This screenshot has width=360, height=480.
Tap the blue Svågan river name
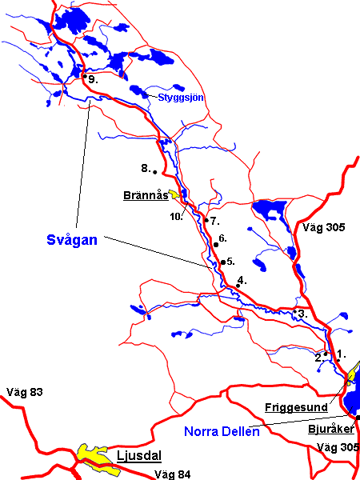tap(64, 239)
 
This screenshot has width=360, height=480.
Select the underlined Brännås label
tap(145, 194)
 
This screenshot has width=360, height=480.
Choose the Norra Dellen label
tap(222, 433)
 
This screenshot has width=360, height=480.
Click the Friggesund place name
tap(296, 407)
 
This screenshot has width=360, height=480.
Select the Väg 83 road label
tap(24, 392)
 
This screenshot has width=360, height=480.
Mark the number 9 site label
tap(93, 80)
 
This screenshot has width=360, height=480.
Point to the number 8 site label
tap(145, 168)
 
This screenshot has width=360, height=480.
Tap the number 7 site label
tap(215, 220)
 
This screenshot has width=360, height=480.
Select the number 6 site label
tap(224, 238)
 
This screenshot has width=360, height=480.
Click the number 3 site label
tap(302, 314)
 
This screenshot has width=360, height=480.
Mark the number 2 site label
tap(318, 357)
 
